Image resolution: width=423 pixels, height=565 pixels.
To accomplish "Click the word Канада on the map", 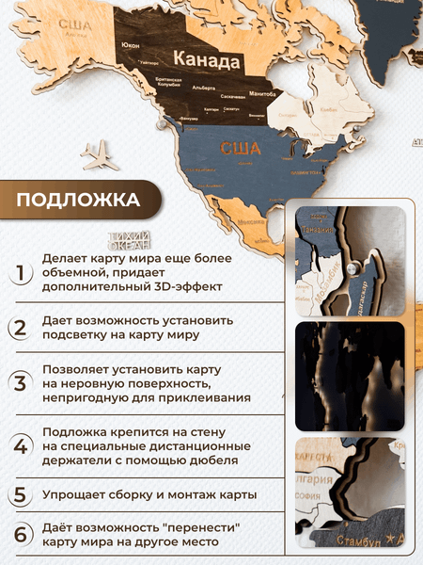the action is click(x=208, y=61).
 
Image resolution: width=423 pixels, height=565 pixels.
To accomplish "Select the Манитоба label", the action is click(x=263, y=93).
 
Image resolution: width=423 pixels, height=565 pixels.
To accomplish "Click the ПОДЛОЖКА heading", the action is click(x=79, y=200).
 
